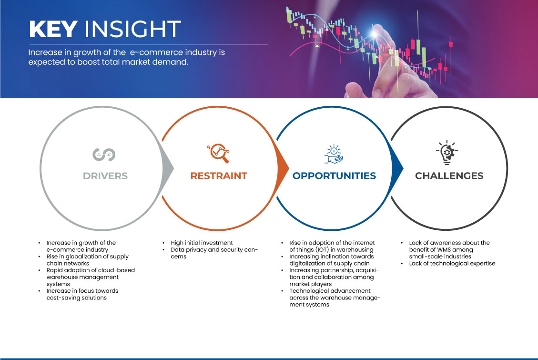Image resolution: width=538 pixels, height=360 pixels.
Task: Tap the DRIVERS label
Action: coord(105,176)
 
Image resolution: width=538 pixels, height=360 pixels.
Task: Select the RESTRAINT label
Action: coord(219,176)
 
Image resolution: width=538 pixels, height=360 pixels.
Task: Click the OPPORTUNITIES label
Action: coord(334,176)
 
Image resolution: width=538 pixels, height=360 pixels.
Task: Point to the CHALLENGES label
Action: coord(449,176)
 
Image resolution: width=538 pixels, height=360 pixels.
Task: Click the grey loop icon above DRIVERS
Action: coord(104,154)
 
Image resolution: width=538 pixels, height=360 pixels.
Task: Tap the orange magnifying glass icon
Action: coord(218,153)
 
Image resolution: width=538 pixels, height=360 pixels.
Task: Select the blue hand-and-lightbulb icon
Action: coord(334,154)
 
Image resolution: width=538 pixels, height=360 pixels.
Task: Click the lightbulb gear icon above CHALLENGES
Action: coord(447,153)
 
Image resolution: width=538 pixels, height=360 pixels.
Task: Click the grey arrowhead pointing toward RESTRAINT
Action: coord(168,168)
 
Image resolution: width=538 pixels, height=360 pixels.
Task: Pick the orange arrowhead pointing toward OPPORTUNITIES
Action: coord(283,168)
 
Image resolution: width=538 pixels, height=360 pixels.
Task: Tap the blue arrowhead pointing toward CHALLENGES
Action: coord(397,168)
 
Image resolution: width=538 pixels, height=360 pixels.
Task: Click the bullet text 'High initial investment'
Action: coord(202,243)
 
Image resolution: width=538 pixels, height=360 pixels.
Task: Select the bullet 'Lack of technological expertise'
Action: coord(452,263)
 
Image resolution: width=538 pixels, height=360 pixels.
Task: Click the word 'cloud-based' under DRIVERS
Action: coord(116,270)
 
